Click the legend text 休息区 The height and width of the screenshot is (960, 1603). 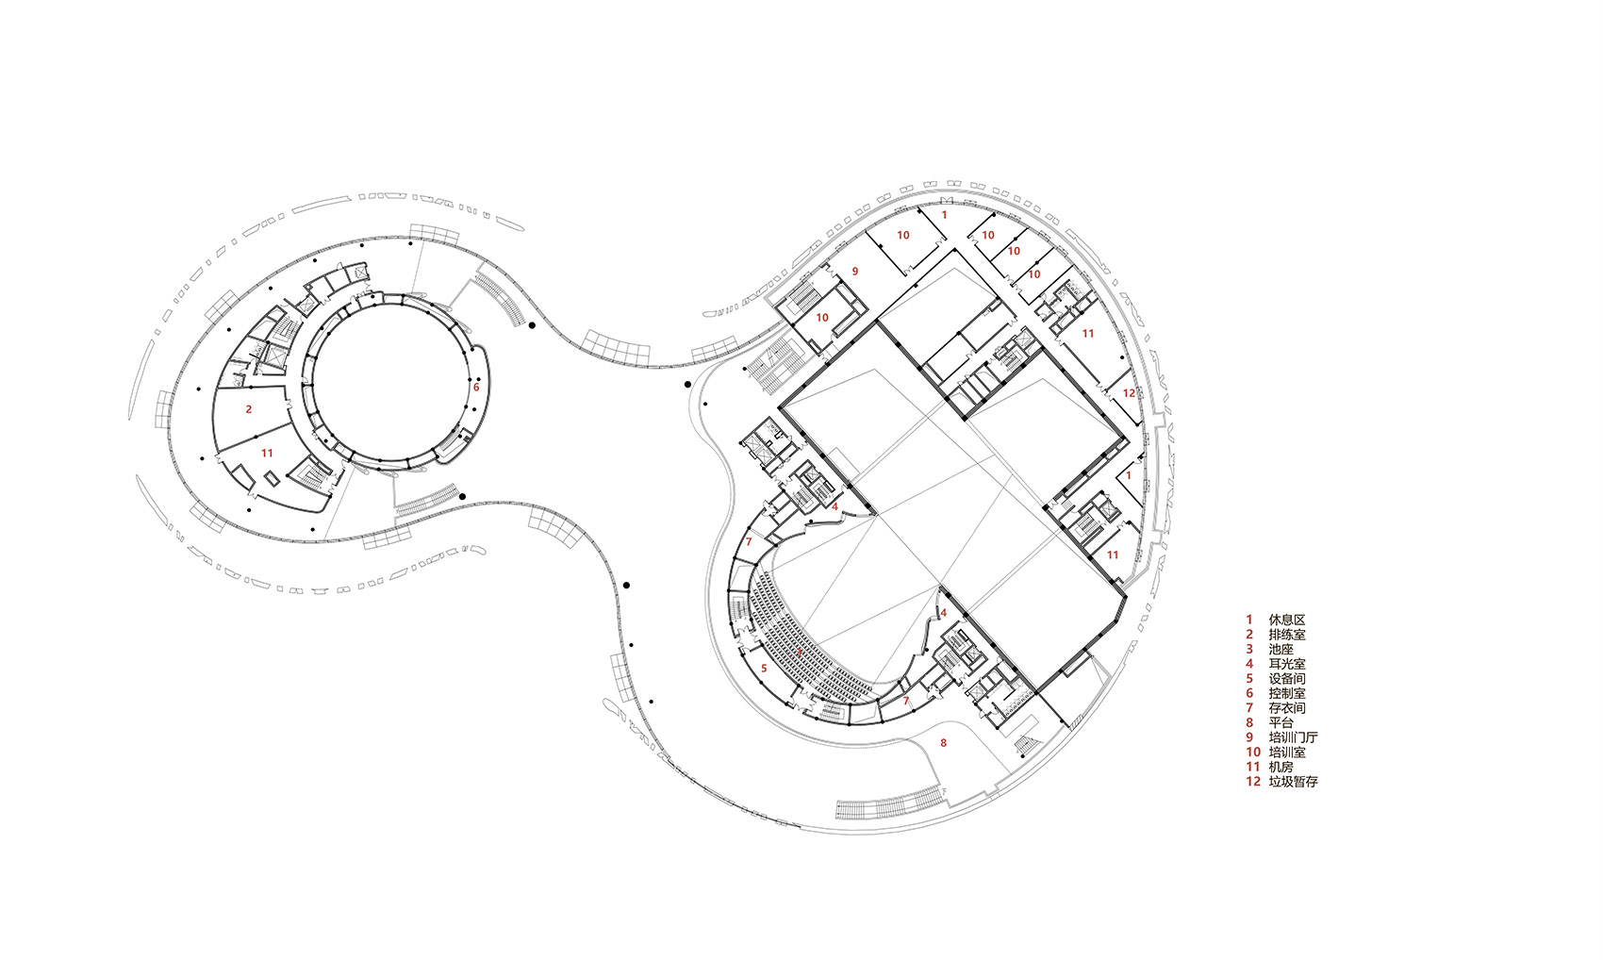[1287, 620]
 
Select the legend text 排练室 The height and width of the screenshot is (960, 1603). [1287, 635]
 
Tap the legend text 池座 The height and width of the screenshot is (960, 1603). [1281, 650]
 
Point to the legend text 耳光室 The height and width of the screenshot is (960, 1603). [1287, 664]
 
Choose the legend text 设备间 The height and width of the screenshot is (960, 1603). [1287, 679]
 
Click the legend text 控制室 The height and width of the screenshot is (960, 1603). [1287, 693]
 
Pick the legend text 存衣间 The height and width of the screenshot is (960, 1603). [1287, 708]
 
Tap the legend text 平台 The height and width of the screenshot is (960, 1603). [1281, 723]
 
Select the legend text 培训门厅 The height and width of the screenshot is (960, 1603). [1293, 737]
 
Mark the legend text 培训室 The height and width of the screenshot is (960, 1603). [1287, 753]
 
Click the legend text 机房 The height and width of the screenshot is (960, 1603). [1281, 767]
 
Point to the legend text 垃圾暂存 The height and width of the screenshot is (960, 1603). [1293, 782]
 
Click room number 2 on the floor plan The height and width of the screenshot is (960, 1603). [249, 409]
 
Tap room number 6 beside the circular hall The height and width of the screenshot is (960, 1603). [476, 388]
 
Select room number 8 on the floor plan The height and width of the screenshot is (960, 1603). [943, 743]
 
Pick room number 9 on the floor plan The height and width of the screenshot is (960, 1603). [854, 272]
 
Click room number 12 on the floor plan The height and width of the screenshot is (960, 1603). [1130, 393]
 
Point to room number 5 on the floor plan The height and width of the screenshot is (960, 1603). [764, 669]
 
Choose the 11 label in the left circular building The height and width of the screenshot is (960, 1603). [267, 454]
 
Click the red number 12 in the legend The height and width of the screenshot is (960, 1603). [1253, 782]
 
